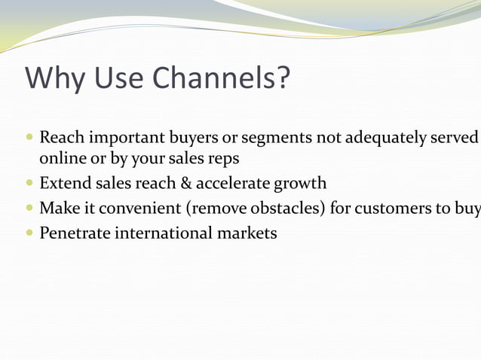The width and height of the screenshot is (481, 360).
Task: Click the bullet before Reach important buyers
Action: click(x=29, y=139)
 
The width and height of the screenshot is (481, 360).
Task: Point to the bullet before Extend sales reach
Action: click(x=29, y=183)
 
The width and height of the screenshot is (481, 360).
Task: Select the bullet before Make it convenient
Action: click(x=29, y=208)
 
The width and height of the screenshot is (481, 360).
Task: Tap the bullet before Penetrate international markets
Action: click(x=29, y=233)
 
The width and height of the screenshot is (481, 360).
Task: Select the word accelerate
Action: click(x=234, y=183)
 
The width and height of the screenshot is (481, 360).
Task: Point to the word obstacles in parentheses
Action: click(x=289, y=208)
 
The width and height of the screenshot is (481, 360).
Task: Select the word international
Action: click(x=165, y=233)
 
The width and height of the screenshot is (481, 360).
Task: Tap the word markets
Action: click(x=249, y=233)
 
